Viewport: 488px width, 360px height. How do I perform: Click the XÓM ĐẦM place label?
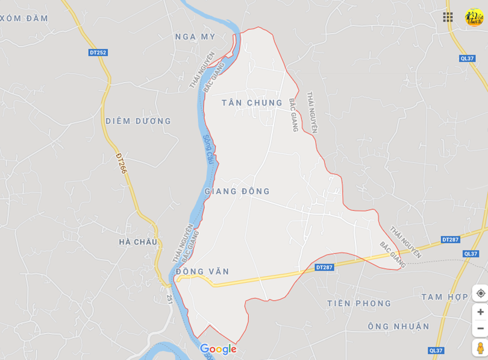point(24,19)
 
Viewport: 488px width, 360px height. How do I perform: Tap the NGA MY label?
point(195,37)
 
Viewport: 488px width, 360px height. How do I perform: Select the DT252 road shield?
point(98,52)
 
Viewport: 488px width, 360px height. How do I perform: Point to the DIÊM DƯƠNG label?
point(138,121)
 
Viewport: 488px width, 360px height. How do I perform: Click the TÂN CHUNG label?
point(252,103)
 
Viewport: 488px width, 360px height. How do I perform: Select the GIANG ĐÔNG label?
point(237,192)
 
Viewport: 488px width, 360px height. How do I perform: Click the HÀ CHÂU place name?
point(138,242)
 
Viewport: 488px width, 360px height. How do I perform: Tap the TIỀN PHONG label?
point(359,303)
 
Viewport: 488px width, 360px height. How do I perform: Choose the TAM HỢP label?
point(445,297)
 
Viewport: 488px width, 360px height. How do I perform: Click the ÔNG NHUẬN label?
point(398,326)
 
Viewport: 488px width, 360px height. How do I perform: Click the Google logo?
point(218,349)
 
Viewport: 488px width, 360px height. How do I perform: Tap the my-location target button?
point(480,293)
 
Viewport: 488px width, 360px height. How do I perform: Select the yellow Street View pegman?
point(480,348)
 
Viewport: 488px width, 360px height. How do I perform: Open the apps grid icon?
point(448,17)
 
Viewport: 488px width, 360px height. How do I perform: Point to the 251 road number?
point(170,298)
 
